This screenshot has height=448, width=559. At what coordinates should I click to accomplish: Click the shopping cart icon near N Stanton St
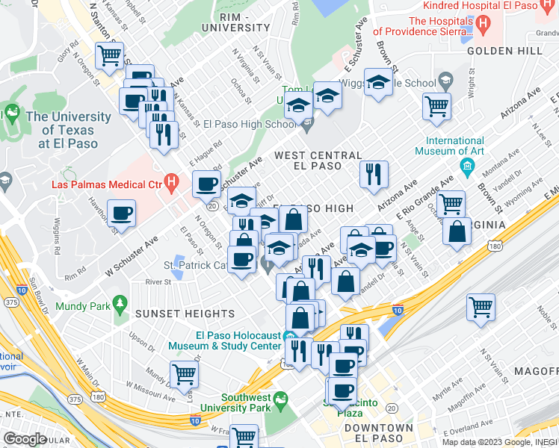click(109, 55)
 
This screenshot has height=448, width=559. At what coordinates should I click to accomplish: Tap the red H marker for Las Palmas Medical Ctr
click(172, 181)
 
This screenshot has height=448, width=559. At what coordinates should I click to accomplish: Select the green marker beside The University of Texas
click(13, 113)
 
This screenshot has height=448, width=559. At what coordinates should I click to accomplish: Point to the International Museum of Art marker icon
click(468, 164)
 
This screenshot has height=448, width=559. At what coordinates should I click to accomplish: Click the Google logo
click(25, 439)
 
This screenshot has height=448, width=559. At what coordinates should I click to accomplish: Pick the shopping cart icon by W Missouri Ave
click(183, 374)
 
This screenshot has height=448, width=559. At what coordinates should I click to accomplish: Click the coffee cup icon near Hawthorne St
click(121, 214)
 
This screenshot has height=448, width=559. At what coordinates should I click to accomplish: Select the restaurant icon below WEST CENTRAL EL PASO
click(373, 174)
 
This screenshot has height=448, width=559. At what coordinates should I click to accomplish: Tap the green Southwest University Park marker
click(280, 403)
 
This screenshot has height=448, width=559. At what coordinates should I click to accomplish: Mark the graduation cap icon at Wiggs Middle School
click(379, 82)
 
